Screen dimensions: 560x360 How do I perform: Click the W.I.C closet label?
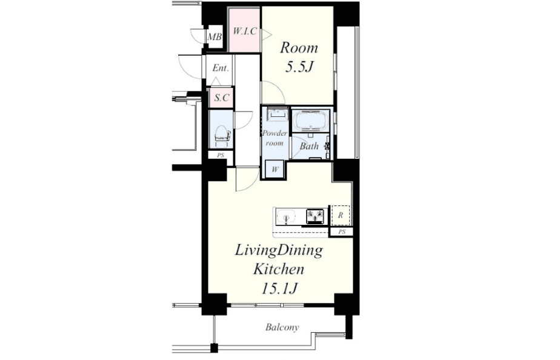coord(245,32)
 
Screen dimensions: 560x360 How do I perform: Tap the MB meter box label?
coord(215,36)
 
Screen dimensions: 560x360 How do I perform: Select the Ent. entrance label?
coord(221,68)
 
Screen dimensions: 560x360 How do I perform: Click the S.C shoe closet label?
coord(221,97)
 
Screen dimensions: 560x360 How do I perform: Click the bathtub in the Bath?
coord(311,120)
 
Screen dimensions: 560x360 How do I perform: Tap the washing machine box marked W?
coord(275,169)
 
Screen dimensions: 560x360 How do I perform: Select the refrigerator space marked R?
coord(341,215)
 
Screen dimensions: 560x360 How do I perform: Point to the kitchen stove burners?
coord(316,216)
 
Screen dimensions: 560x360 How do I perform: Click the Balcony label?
coord(282,327)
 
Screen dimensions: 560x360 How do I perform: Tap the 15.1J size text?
coord(279,288)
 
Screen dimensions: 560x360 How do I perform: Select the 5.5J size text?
coord(299,67)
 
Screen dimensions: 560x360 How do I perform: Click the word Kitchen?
coord(279,269)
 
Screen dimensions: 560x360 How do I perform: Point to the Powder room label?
coord(275,138)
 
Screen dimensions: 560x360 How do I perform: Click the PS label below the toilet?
coord(221,155)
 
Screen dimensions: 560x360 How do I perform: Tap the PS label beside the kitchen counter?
coord(342,232)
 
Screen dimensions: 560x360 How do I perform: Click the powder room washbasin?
coord(277,114)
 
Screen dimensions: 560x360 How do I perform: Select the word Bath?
coord(309,146)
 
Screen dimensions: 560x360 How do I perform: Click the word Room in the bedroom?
coord(299,48)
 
